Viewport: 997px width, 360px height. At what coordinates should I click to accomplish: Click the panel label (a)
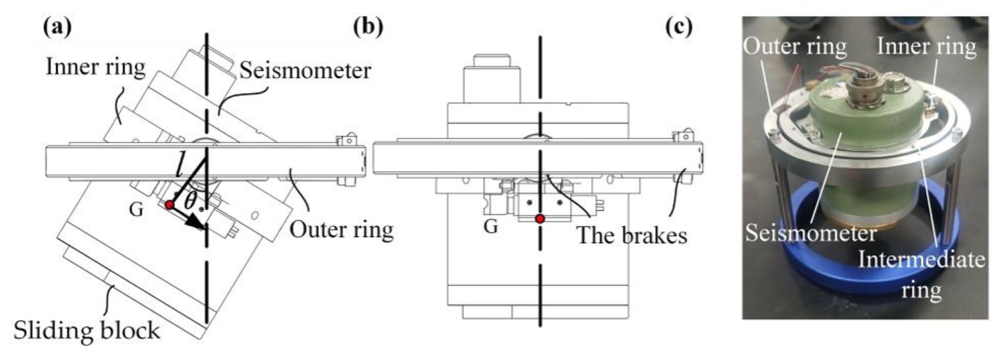click(57, 27)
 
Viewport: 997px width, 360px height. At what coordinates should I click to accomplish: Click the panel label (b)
click(368, 27)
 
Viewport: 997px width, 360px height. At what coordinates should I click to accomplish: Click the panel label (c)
click(679, 27)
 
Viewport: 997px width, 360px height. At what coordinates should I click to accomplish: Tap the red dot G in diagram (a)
click(169, 205)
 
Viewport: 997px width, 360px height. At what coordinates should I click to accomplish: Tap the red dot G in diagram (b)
click(540, 219)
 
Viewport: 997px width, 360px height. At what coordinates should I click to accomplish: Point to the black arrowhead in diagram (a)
click(196, 224)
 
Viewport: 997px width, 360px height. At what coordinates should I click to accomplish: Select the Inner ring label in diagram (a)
click(96, 67)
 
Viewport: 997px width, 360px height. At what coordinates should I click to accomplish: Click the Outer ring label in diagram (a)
click(341, 230)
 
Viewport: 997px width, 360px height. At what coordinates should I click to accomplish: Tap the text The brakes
click(632, 235)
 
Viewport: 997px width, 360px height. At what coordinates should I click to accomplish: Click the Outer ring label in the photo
click(795, 46)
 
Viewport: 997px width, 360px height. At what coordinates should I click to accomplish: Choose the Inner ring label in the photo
click(926, 46)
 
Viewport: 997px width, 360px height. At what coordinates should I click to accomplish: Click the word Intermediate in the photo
click(922, 259)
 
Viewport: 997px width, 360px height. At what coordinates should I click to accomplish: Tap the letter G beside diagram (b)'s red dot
click(491, 226)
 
